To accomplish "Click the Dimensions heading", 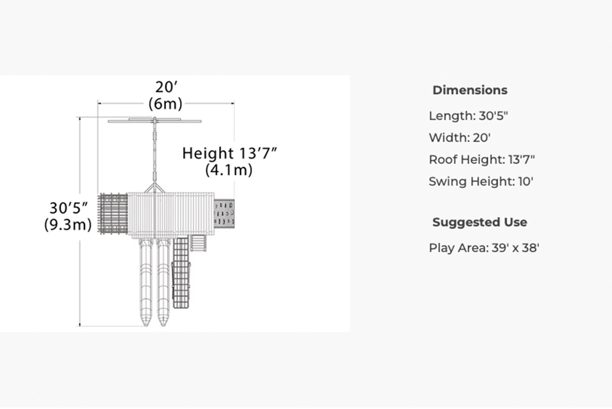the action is point(470,90).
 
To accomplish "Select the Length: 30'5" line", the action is point(468,116).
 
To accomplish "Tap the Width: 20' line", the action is point(460,138).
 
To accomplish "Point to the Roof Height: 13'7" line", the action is point(482,160).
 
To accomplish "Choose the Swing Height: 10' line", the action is point(481,182).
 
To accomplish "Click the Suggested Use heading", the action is point(480,222).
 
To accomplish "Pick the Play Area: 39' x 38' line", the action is point(484,248).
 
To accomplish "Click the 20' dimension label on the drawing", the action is point(166,87).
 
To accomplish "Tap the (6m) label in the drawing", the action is point(165,104).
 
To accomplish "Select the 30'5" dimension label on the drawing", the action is point(69,208).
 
